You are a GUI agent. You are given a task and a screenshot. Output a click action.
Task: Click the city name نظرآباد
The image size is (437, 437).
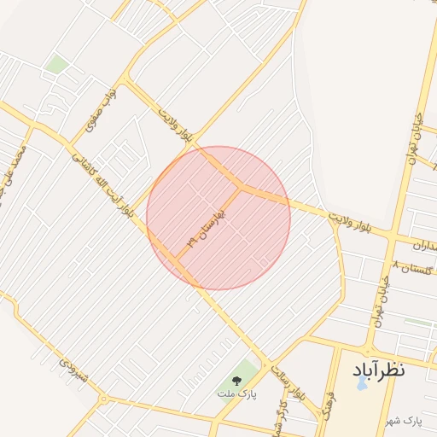pyautogui.click(x=378, y=370)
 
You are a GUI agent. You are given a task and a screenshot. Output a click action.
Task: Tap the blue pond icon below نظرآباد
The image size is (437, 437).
pyautogui.click(x=360, y=384)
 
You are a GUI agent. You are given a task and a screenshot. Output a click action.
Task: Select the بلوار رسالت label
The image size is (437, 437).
pyautogui.click(x=287, y=382)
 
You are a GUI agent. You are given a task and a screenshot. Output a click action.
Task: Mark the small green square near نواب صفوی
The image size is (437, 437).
pyautogui.click(x=57, y=64)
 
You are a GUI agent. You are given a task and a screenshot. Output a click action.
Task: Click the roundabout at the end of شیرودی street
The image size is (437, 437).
pyautogui.click(x=103, y=398)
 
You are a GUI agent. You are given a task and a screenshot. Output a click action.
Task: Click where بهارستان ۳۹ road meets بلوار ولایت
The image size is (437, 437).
pyautogui.click(x=241, y=186)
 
